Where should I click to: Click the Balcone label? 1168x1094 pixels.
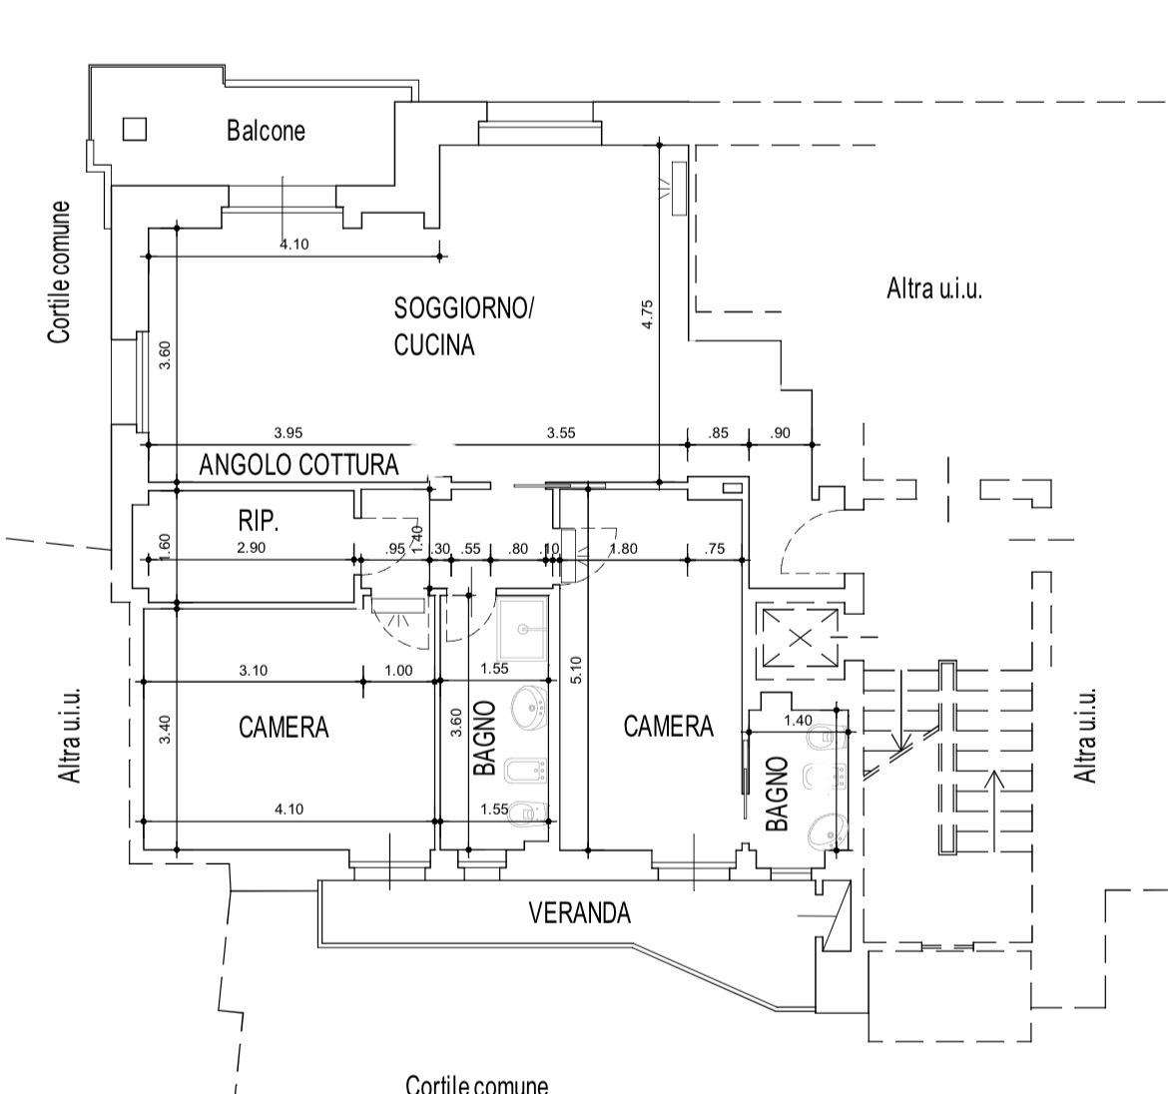click(266, 131)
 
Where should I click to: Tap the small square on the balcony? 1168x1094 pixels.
click(134, 129)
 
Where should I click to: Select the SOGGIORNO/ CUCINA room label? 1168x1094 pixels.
click(463, 326)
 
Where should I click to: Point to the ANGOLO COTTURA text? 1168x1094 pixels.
click(298, 464)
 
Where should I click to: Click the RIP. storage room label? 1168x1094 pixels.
click(258, 520)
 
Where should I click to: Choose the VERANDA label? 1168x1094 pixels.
click(579, 912)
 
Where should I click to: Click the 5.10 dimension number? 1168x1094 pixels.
click(577, 669)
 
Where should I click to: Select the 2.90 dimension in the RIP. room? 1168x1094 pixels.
click(251, 547)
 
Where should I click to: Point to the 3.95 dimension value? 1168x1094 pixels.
click(289, 433)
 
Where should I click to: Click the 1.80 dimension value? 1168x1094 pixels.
click(624, 548)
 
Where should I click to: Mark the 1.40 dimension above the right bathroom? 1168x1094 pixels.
click(798, 721)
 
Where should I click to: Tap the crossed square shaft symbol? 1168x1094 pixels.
click(801, 638)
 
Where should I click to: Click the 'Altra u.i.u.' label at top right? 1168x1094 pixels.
click(934, 289)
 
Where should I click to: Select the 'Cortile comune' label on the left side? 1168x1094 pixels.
click(61, 272)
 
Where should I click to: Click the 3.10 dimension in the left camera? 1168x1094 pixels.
click(253, 671)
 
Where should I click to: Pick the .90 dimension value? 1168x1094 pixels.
click(780, 433)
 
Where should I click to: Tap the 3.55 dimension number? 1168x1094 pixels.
click(561, 433)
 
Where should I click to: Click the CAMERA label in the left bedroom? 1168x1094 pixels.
click(284, 727)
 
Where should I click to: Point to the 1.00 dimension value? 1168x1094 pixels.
click(397, 671)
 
